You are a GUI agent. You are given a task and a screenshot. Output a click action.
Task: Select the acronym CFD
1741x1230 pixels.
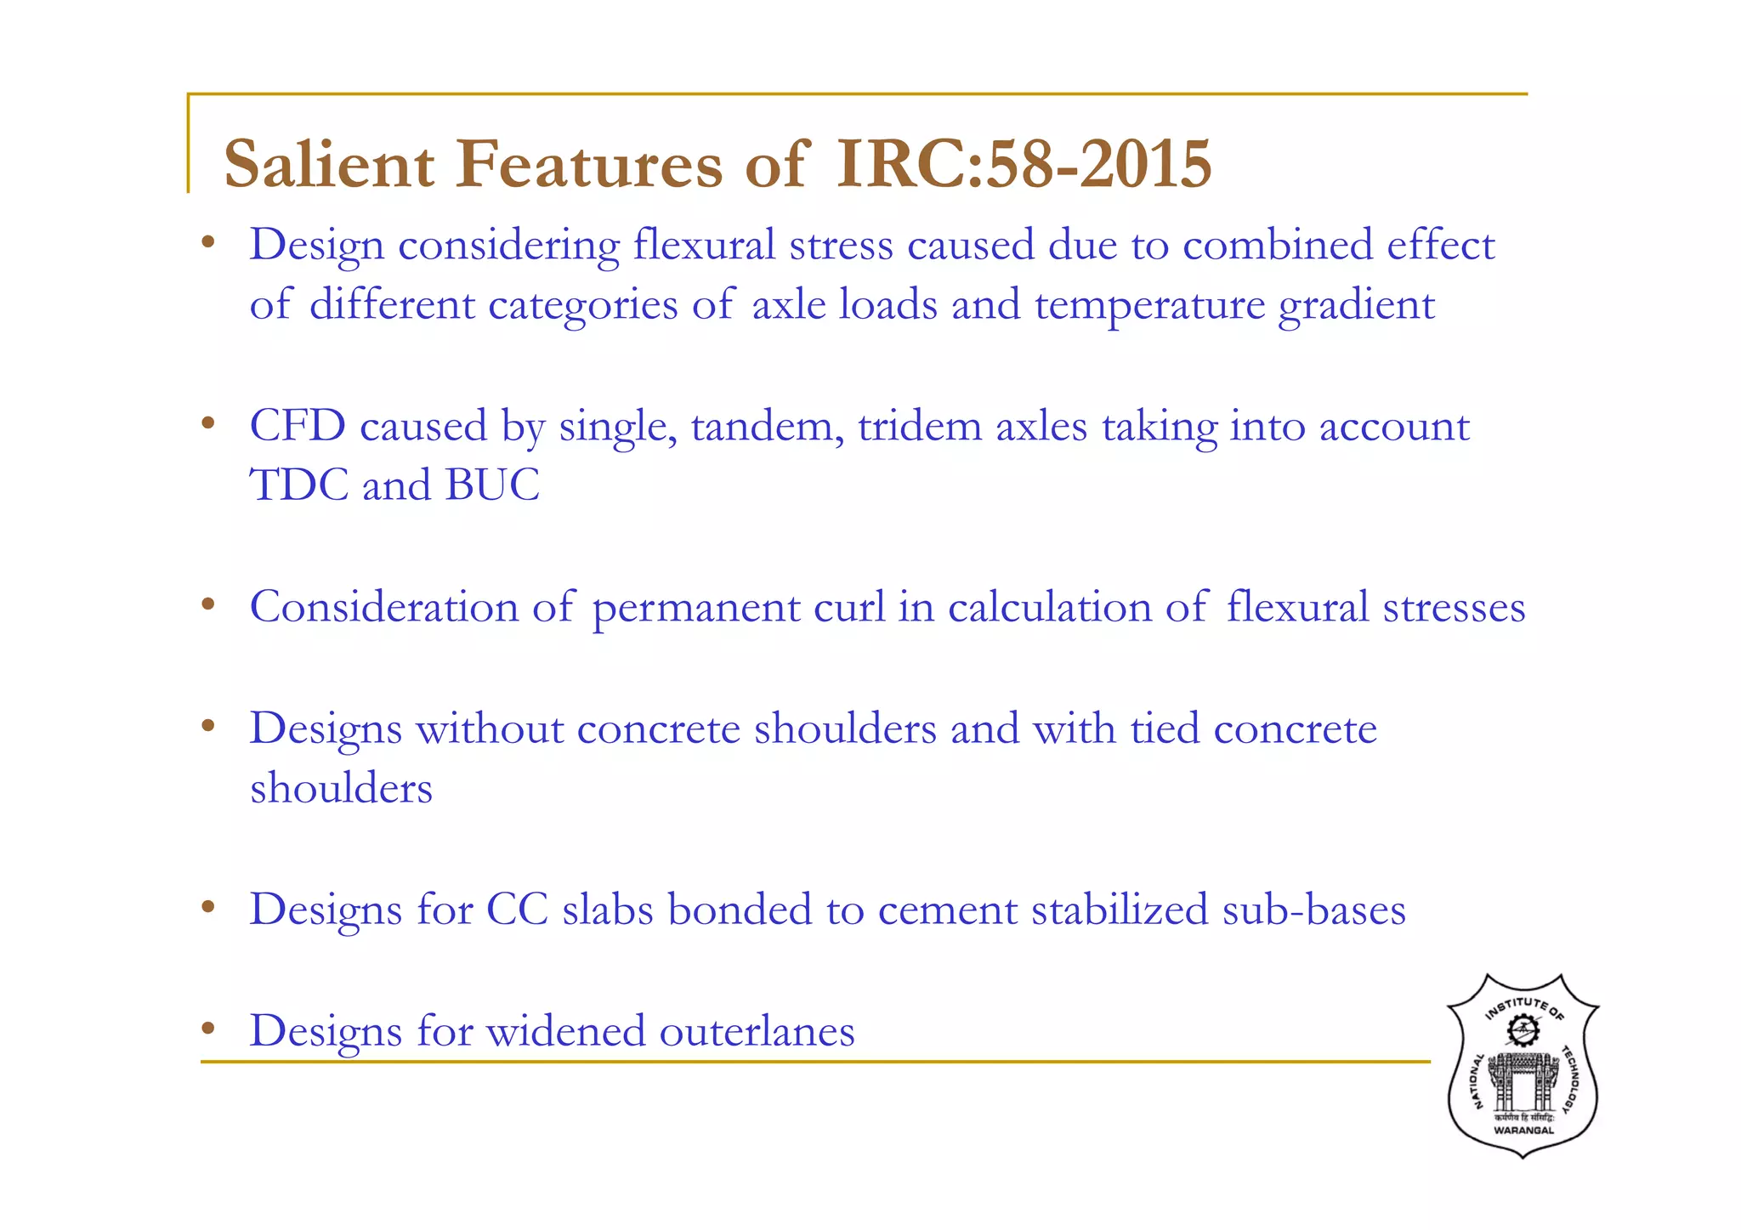298,426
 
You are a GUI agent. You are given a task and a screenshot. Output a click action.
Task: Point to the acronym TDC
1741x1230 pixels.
298,485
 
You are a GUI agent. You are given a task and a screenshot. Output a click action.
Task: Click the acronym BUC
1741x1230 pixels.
492,485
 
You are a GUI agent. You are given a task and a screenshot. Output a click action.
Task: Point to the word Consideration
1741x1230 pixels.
384,607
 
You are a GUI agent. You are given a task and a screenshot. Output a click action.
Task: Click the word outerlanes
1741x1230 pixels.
757,1031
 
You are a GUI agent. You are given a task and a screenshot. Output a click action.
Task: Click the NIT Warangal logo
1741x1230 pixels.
1523,1066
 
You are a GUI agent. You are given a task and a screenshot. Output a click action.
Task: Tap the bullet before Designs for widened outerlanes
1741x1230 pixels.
207,1029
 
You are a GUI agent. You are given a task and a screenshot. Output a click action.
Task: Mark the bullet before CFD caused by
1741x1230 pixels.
207,422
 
